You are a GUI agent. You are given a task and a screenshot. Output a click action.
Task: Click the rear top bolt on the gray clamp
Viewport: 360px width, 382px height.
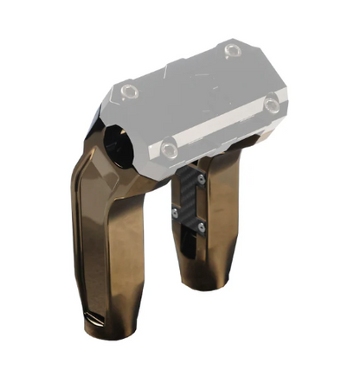(231, 51)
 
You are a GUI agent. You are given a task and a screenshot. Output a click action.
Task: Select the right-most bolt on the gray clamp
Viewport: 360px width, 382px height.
(272, 105)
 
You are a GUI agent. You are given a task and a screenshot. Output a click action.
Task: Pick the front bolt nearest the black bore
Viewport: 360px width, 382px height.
(170, 150)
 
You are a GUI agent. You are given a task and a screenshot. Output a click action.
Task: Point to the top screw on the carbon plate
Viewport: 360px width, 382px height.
(201, 180)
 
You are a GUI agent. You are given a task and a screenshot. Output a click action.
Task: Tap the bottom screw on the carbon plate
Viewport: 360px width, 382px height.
(200, 227)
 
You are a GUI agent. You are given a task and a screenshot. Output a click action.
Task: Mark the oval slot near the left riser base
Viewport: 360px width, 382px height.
(93, 321)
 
